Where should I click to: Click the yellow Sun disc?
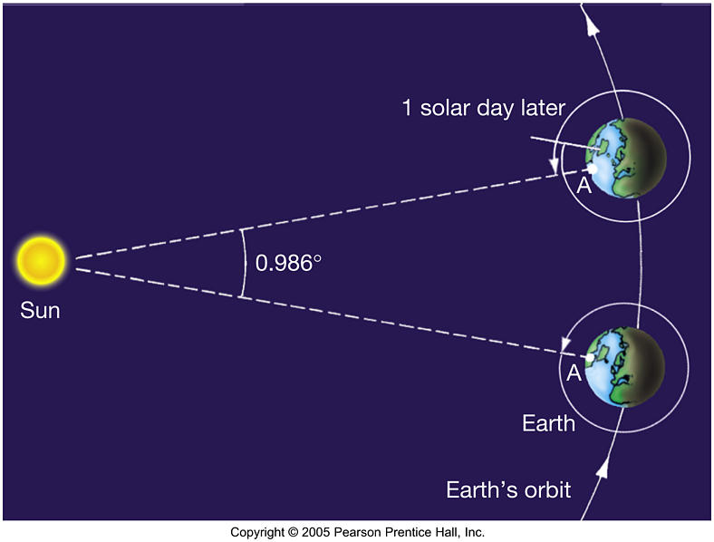click(x=41, y=260)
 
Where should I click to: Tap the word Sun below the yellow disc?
click(x=40, y=311)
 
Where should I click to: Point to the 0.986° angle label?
click(x=288, y=263)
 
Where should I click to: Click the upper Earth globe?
click(x=627, y=158)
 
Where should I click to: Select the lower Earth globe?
click(x=624, y=367)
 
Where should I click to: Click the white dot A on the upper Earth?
click(x=592, y=169)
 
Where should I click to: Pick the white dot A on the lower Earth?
click(x=590, y=357)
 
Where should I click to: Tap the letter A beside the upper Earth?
click(x=584, y=186)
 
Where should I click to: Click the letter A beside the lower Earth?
click(x=574, y=373)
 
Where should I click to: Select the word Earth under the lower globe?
click(x=548, y=423)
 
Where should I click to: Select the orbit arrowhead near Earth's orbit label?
click(x=603, y=468)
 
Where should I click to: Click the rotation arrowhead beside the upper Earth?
click(x=555, y=166)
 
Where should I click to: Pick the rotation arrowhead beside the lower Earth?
click(x=566, y=344)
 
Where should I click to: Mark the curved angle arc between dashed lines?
click(x=246, y=263)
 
